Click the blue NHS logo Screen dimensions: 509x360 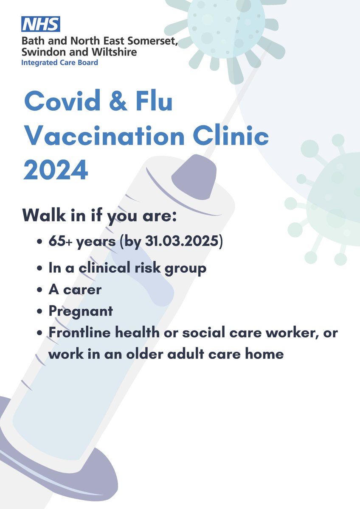[42, 25]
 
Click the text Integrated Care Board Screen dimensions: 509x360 [61, 63]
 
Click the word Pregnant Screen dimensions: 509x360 [81, 310]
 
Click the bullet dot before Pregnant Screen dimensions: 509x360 [40, 311]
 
